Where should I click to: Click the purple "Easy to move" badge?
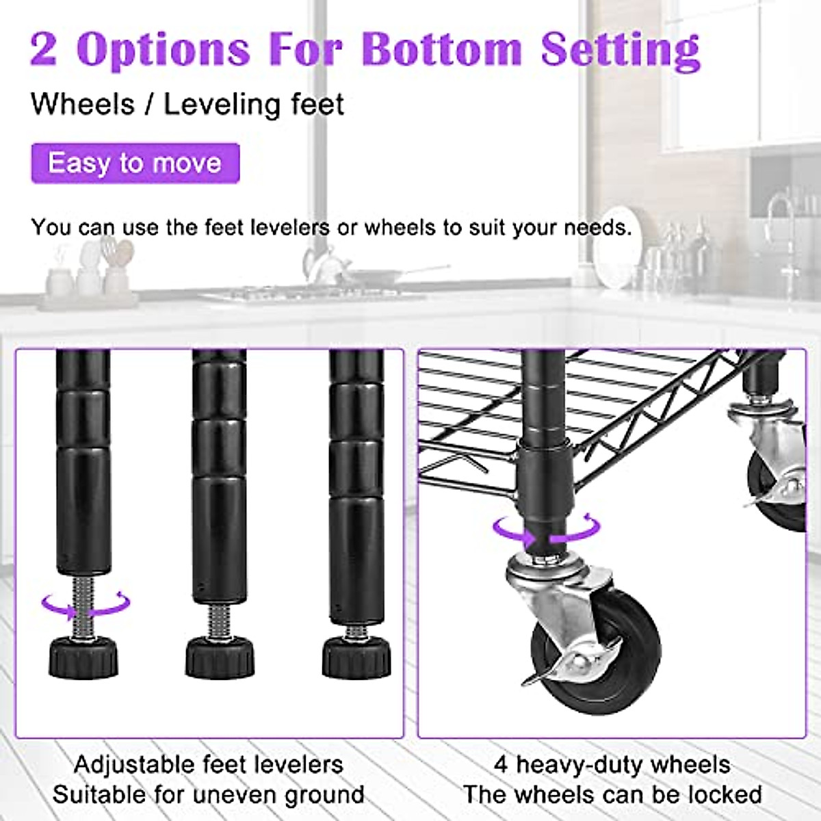click(135, 164)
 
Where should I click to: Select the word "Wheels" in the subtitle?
click(83, 105)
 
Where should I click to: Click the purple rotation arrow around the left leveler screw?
click(86, 604)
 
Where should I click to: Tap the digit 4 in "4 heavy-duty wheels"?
click(501, 764)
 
